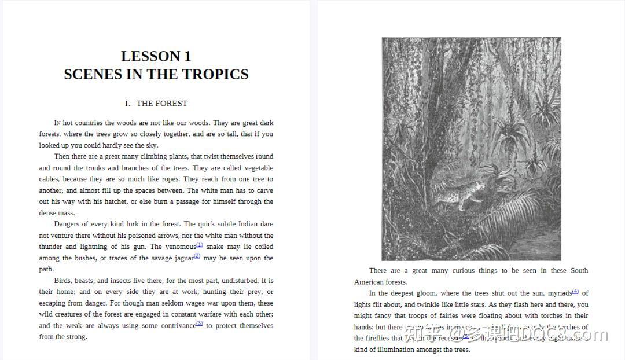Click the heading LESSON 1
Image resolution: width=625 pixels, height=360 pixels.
(x=156, y=56)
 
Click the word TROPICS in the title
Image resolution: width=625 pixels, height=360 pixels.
(x=215, y=74)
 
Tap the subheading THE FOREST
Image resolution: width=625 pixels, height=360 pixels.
(x=162, y=104)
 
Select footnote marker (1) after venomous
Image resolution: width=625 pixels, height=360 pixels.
(x=200, y=245)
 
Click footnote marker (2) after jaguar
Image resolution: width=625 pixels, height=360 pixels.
(x=197, y=256)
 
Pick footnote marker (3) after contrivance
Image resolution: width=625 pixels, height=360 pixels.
(x=200, y=324)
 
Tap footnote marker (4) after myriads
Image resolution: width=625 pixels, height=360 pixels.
(x=576, y=291)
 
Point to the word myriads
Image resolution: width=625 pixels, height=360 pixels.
(x=559, y=293)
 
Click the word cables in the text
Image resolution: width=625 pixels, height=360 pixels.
(x=49, y=179)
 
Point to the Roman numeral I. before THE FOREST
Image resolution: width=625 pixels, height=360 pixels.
(x=127, y=104)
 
